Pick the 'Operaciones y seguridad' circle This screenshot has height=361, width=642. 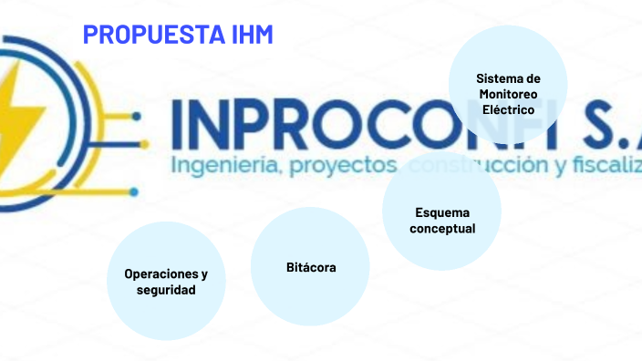tap(166, 281)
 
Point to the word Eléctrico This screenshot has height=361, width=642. tap(508, 109)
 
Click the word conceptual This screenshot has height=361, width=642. tap(442, 228)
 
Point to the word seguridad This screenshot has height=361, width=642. tap(166, 290)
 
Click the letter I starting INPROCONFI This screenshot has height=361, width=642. tap(176, 125)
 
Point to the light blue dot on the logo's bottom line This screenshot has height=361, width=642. tap(134, 191)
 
